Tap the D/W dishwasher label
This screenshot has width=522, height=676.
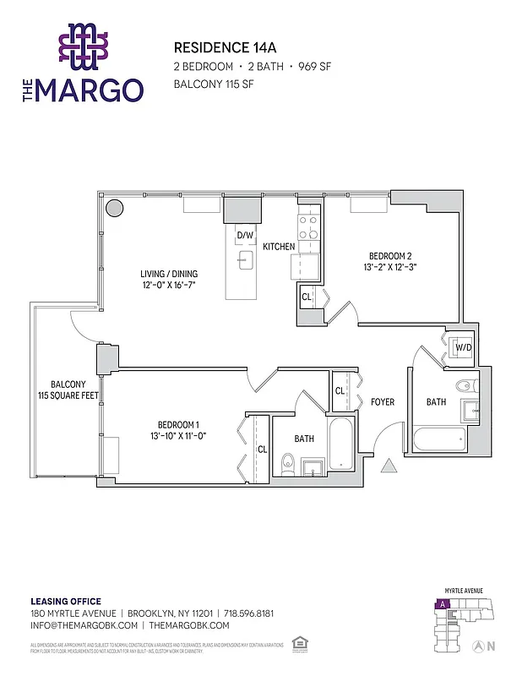(245, 235)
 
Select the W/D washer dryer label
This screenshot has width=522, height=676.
(463, 347)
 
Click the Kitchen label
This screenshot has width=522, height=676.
(279, 247)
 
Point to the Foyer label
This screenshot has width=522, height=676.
(383, 402)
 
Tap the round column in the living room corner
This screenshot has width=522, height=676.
(113, 208)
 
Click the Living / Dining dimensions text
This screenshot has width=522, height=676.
(169, 286)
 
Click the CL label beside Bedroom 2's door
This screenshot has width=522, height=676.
(307, 297)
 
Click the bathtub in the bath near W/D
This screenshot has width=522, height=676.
(438, 440)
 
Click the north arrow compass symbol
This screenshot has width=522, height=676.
(479, 646)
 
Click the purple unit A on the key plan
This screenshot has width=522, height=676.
(441, 604)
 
